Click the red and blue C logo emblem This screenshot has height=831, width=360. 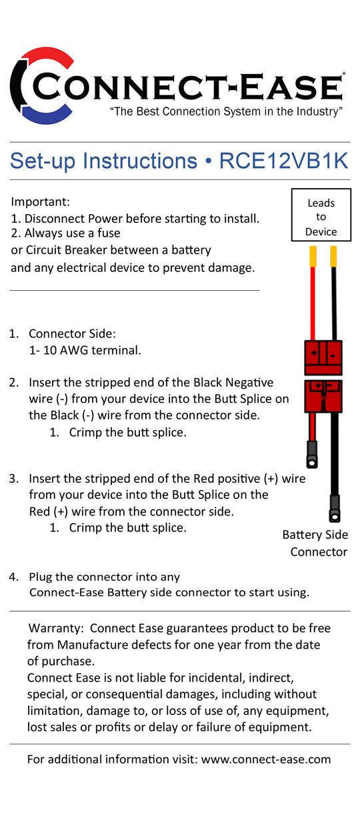tap(40, 83)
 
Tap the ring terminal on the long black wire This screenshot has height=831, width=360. tap(334, 514)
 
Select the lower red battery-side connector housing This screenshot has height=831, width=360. tap(323, 396)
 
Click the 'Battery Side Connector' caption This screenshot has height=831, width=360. tap(315, 543)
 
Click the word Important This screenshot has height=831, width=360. tap(41, 201)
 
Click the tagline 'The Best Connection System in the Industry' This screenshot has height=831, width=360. tap(226, 111)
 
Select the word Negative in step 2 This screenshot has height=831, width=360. tap(243, 382)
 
